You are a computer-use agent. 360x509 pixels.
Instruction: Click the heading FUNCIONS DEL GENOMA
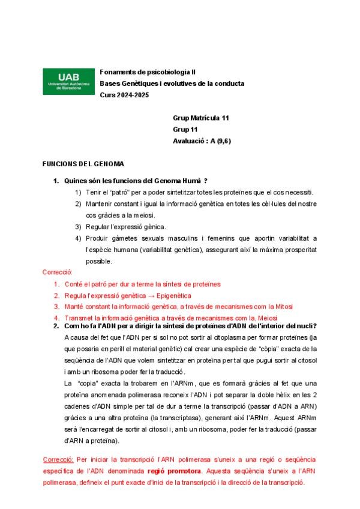pyautogui.click(x=83, y=163)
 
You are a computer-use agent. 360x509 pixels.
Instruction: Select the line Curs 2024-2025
pyautogui.click(x=124, y=95)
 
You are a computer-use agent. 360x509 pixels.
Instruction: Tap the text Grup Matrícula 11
pyautogui.click(x=200, y=118)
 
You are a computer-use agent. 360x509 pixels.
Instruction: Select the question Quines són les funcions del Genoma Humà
pyautogui.click(x=136, y=181)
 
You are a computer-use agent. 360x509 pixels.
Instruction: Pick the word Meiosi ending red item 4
pyautogui.click(x=266, y=318)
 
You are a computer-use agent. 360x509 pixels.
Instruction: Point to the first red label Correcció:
pyautogui.click(x=57, y=273)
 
